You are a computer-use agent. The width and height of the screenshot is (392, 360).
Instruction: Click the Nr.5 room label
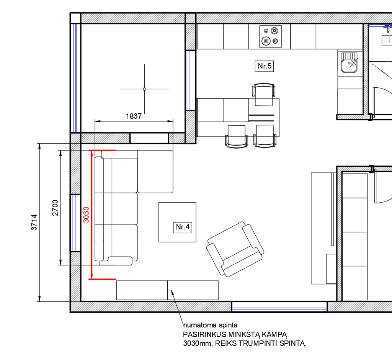(x=264, y=66)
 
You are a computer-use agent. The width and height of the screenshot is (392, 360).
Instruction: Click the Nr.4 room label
(x=183, y=227)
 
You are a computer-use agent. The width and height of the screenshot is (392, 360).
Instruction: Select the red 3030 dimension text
(x=86, y=214)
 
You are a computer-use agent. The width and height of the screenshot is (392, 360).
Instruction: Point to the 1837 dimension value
(x=134, y=116)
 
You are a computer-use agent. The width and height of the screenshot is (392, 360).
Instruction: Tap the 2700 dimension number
(x=55, y=208)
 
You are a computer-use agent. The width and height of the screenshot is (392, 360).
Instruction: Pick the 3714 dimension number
(x=34, y=222)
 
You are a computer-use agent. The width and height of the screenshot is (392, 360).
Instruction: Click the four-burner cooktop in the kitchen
(x=271, y=36)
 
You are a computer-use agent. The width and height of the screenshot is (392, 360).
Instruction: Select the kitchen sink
(x=349, y=62)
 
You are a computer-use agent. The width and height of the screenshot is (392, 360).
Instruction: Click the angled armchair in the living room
(x=235, y=249)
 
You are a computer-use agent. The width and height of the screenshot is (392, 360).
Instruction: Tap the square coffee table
(x=177, y=222)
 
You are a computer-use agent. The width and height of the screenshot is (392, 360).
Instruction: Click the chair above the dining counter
(x=264, y=94)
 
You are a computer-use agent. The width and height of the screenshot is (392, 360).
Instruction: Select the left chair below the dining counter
(x=237, y=137)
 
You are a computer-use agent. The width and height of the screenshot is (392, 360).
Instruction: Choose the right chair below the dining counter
(x=265, y=136)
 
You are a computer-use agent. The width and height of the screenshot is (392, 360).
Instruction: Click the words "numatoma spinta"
(x=210, y=325)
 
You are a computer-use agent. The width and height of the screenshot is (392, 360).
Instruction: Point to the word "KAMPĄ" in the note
(x=274, y=335)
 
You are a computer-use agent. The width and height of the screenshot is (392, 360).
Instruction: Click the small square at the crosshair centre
(x=144, y=89)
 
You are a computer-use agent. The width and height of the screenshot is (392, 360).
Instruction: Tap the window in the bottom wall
(x=279, y=307)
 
